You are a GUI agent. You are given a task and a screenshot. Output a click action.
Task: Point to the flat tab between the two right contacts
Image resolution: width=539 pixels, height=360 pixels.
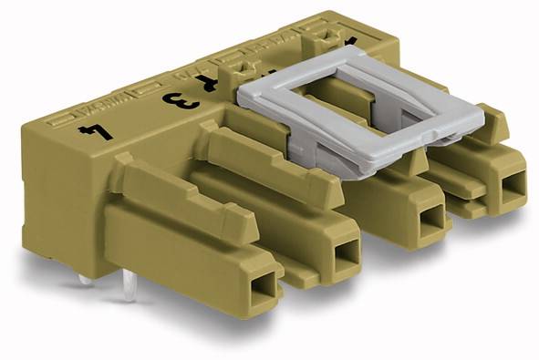click(465, 206)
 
